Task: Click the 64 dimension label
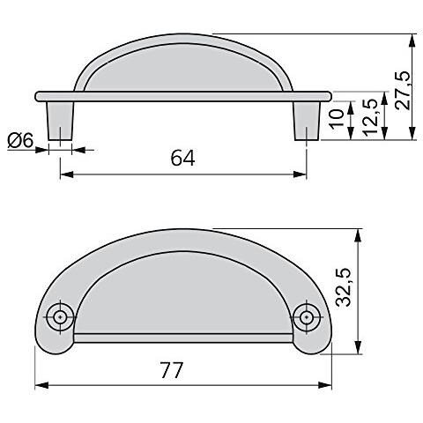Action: pos(182,159)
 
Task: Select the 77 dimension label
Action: pos(173,371)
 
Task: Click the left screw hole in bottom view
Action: pos(61,315)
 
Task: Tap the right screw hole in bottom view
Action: pos(306,315)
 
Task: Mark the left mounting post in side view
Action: pos(60,122)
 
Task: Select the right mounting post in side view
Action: pos(307,122)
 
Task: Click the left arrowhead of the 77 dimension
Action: pos(39,386)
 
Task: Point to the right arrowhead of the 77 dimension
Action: pos(328,386)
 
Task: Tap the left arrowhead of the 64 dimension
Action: pos(64,174)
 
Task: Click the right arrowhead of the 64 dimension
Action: pos(302,174)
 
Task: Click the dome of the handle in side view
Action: pos(183,66)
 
